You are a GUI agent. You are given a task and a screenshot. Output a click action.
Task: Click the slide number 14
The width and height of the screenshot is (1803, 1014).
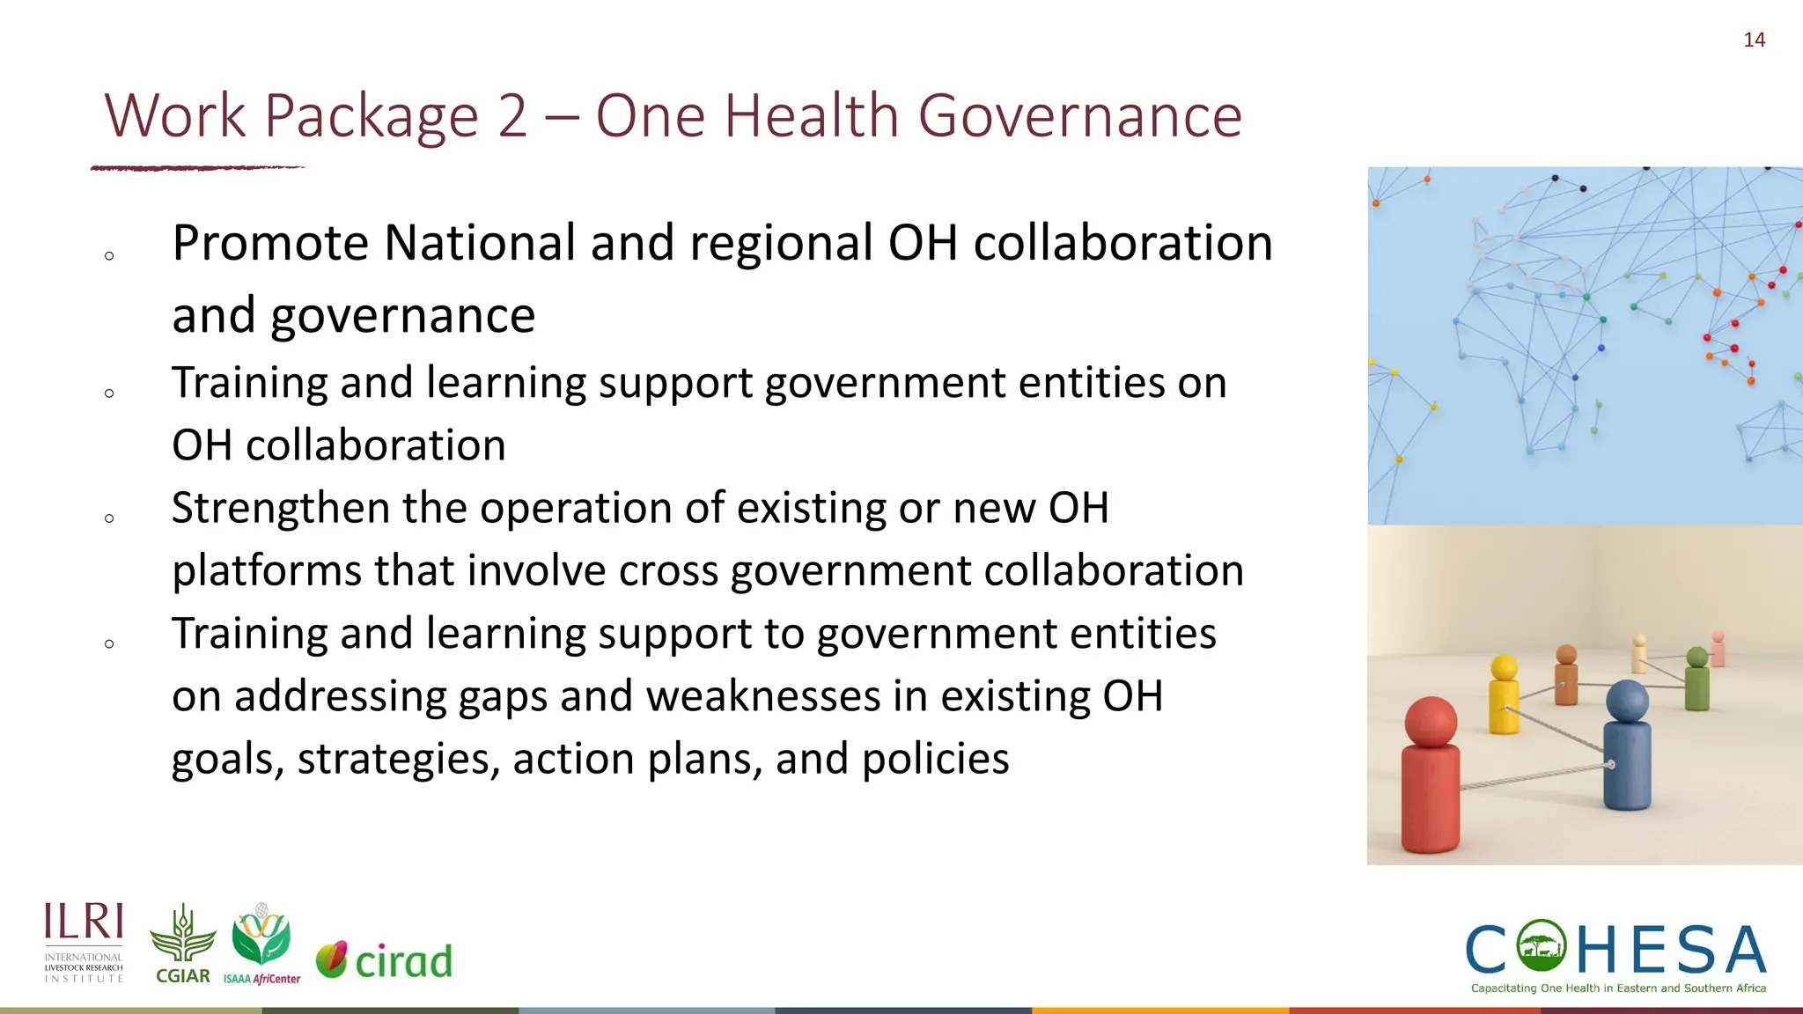coord(1754,40)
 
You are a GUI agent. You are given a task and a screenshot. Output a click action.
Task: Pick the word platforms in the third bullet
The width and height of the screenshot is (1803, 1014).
coord(266,571)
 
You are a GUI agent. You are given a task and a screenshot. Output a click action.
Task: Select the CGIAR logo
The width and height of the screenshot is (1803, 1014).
coord(182,944)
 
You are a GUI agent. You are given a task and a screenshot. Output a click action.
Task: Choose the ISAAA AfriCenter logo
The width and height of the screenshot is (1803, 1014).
coord(261,944)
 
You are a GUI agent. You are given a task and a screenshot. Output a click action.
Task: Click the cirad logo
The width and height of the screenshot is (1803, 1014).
coord(385,960)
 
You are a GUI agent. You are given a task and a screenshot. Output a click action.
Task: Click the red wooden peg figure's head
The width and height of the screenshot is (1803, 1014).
coord(1431,722)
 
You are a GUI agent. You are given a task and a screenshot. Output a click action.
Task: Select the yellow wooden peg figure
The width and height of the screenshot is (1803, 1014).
coord(1504,694)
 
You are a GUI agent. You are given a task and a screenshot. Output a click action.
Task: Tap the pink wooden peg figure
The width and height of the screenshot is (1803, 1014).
coord(1718,649)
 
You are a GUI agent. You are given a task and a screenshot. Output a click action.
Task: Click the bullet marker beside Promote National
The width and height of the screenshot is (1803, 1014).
coord(109,256)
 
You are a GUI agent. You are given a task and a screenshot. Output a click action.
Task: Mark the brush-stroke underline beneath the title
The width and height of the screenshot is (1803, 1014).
coord(197,167)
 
